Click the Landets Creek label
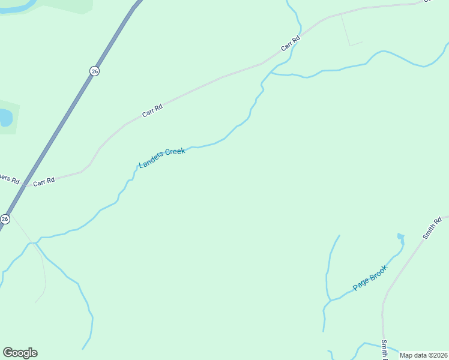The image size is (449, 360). pyautogui.click(x=162, y=158)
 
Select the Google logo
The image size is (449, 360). pyautogui.click(x=20, y=353)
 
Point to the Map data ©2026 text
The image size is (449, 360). pyautogui.click(x=424, y=355)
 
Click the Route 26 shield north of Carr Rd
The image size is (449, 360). pyautogui.click(x=94, y=71)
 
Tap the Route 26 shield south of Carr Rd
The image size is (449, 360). pyautogui.click(x=5, y=219)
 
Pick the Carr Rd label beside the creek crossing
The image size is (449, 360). pyautogui.click(x=290, y=44)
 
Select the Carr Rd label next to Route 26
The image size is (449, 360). pyautogui.click(x=44, y=181)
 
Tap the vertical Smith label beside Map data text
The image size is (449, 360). pyautogui.click(x=384, y=350)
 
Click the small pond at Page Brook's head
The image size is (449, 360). pyautogui.click(x=400, y=236)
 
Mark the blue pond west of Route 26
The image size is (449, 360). pyautogui.click(x=5, y=117)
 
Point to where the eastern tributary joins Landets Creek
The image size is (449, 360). pyautogui.click(x=271, y=73)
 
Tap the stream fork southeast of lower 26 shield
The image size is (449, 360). pyautogui.click(x=35, y=243)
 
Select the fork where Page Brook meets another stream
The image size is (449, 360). pyautogui.click(x=330, y=299)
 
